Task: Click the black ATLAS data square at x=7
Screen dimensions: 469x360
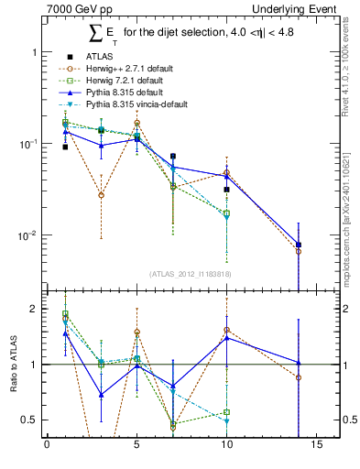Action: pyautogui.click(x=173, y=157)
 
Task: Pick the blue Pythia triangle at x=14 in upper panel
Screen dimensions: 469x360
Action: pyautogui.click(x=299, y=245)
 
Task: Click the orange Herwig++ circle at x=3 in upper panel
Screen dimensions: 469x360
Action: pyautogui.click(x=101, y=195)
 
